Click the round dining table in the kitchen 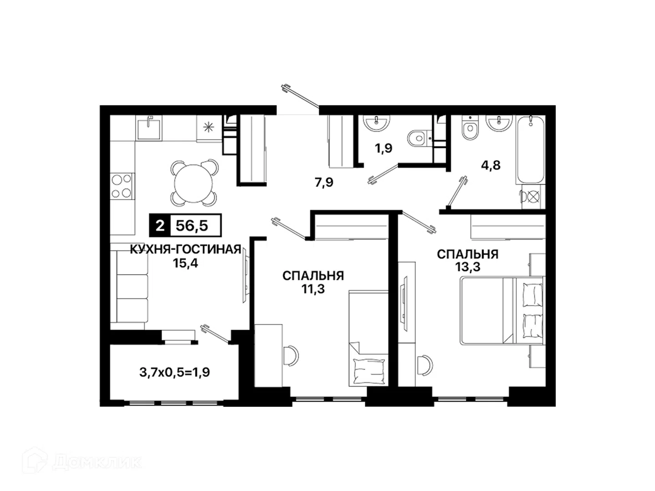(x=193, y=183)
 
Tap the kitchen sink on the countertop (x=149, y=128)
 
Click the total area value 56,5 (x=191, y=225)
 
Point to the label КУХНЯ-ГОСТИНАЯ (x=185, y=249)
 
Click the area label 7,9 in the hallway (x=324, y=182)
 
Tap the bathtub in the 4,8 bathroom (x=530, y=150)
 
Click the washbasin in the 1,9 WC (x=376, y=123)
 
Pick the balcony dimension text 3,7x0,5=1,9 (x=175, y=372)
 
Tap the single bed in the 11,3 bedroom (x=368, y=338)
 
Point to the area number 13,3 (x=468, y=267)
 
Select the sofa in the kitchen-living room (x=129, y=286)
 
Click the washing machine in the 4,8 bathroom (x=533, y=197)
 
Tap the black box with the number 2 (x=160, y=225)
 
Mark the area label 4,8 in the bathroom (x=491, y=165)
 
